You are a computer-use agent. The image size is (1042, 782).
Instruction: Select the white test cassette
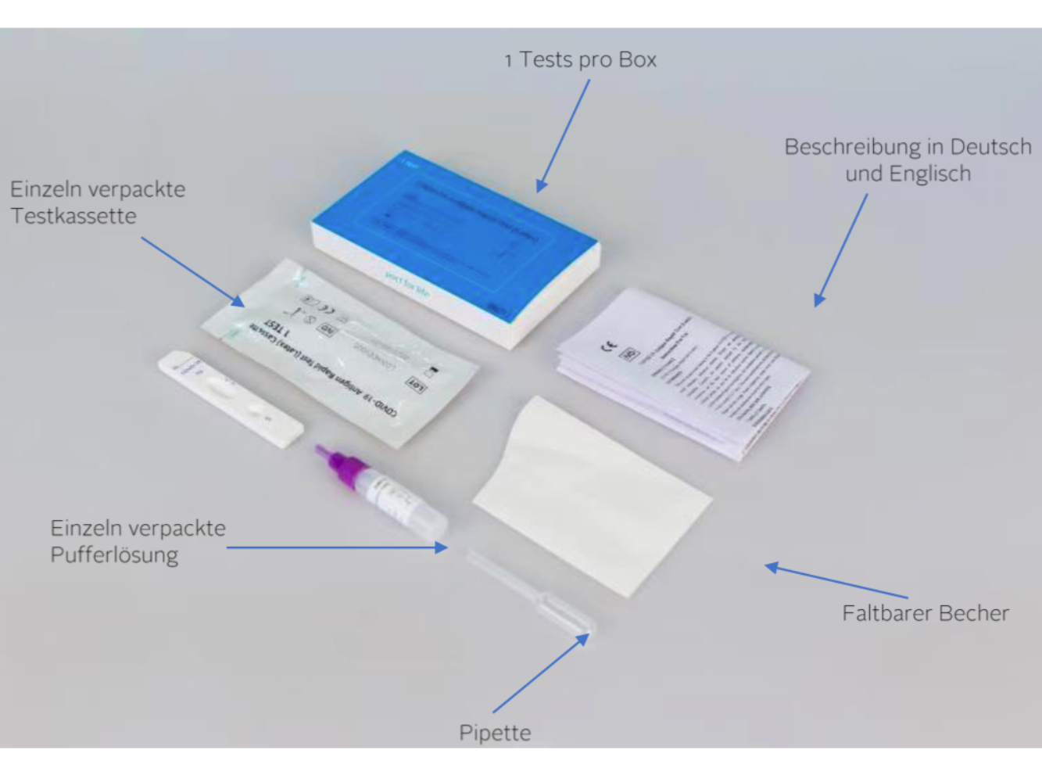click(231, 398)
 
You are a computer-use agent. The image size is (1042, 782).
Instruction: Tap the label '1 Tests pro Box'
click(580, 60)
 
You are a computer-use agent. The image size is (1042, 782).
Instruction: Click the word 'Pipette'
click(495, 733)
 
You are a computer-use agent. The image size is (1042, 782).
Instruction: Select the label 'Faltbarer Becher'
click(925, 613)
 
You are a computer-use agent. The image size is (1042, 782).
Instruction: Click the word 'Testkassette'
click(73, 216)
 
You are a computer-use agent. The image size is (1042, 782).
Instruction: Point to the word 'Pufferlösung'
click(114, 555)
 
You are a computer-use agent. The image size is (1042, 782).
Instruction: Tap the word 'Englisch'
click(930, 174)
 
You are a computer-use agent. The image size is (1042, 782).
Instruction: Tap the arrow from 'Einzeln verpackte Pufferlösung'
click(336, 547)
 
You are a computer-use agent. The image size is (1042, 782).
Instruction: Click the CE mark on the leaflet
click(608, 345)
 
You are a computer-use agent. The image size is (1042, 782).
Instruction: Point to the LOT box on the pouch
click(415, 384)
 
